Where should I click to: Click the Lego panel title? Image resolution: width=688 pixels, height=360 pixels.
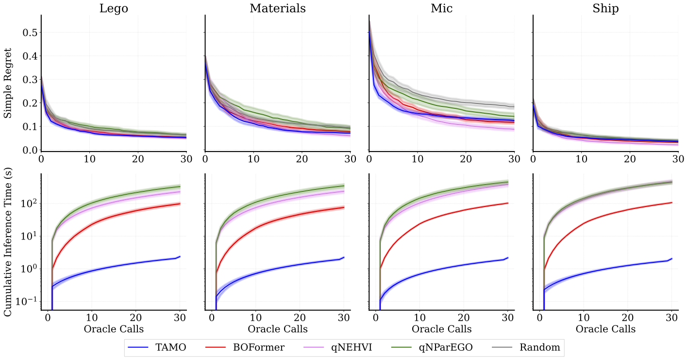click(x=114, y=8)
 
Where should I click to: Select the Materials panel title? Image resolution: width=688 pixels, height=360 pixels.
click(x=278, y=8)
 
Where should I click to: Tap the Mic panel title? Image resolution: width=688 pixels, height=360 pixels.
click(x=441, y=8)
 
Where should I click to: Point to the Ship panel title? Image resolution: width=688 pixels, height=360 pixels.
click(x=605, y=8)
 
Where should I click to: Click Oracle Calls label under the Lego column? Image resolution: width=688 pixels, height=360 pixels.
click(x=114, y=329)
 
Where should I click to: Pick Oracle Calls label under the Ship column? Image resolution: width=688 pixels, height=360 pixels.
click(x=605, y=329)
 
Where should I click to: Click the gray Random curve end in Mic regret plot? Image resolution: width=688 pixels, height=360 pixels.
click(x=514, y=106)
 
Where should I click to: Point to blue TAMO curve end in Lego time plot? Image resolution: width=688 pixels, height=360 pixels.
click(x=180, y=257)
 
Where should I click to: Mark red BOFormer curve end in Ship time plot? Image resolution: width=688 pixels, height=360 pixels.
click(x=671, y=203)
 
